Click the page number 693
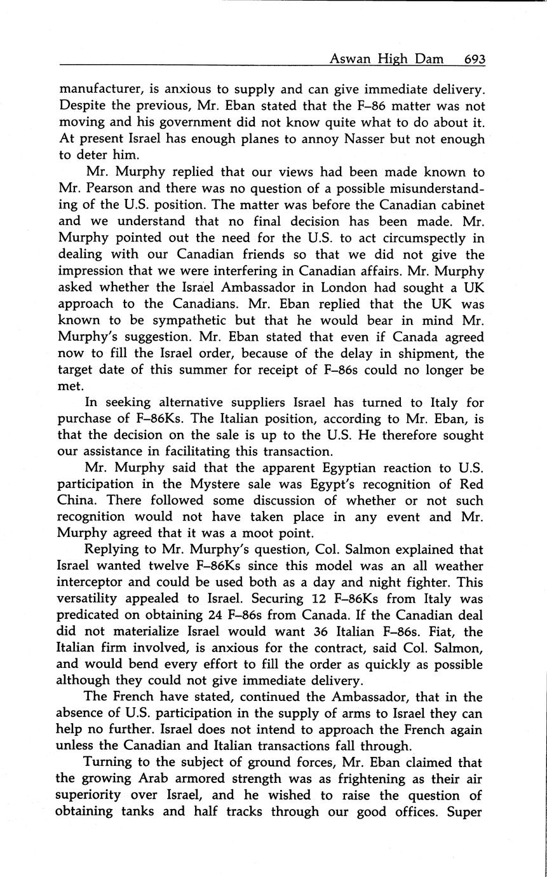click(474, 59)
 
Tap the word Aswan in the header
click(349, 59)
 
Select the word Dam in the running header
click(440, 59)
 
